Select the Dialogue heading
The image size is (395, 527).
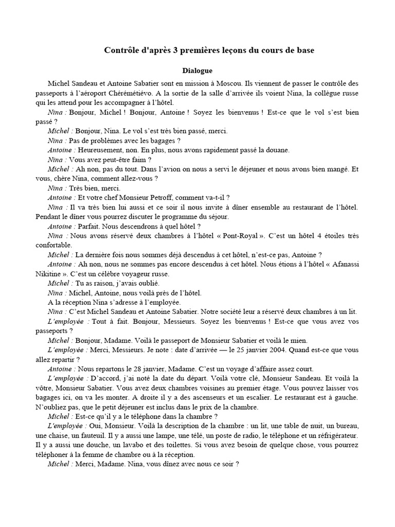click(197, 70)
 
